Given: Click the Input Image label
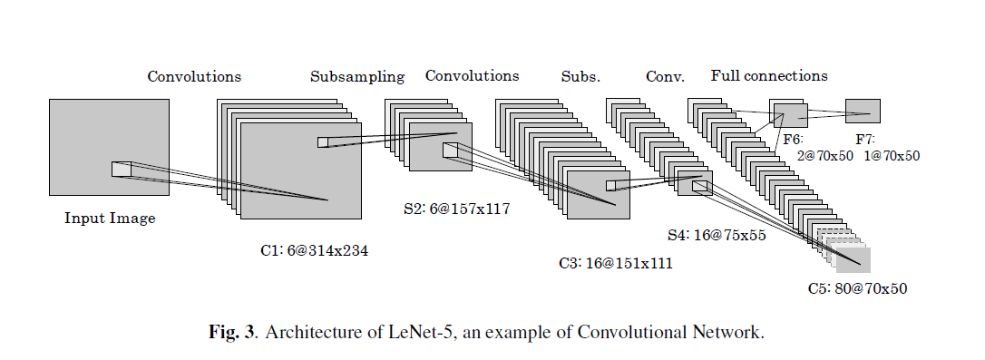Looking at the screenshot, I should coord(110,219).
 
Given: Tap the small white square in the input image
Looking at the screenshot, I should coord(122,169).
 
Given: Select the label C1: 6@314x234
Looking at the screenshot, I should coord(314,251).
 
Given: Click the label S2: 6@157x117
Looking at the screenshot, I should coord(456,209).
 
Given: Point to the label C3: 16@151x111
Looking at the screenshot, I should coord(615,264).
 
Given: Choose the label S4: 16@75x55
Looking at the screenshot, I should coord(717,235).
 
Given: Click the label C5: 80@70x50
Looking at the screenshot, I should coord(857,289).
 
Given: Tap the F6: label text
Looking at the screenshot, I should coord(792,140).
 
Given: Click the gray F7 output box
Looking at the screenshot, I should coord(863,111).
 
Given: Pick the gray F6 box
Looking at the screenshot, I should coord(789,115).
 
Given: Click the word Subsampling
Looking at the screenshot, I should coord(356,77).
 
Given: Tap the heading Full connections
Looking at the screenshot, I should coord(769,76).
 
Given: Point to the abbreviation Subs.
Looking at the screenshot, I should coord(580,77).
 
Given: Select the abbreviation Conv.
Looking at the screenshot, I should coord(665,77).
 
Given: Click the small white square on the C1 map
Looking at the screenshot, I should coord(323,141).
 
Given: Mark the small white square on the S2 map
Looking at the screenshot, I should coord(450,151).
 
